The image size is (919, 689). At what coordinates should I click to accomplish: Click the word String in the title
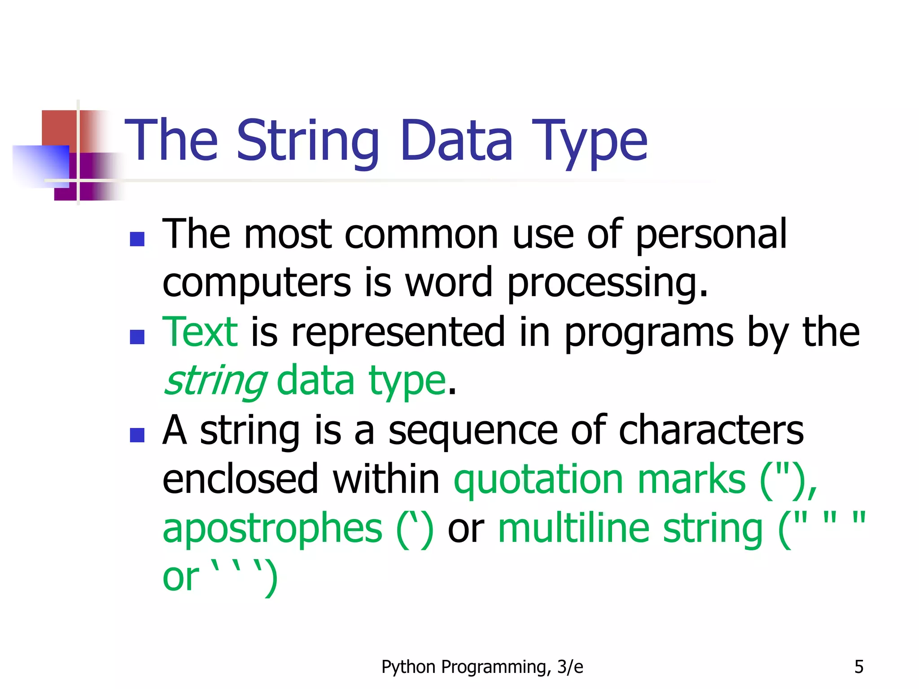pos(308,141)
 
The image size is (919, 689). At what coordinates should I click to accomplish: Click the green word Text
pos(200,333)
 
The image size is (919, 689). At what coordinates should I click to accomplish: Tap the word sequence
pos(473,431)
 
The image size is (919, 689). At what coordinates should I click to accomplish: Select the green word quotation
pos(538,480)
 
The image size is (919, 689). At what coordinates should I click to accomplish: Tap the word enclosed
pos(241,480)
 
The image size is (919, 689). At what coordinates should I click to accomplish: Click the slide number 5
pos(858,667)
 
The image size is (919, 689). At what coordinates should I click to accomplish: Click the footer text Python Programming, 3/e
pos(482,667)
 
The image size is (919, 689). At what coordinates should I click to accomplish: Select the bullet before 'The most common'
pos(137,239)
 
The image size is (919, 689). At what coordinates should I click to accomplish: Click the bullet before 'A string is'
pos(137,435)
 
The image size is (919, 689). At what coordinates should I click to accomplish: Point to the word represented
pos(398,333)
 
